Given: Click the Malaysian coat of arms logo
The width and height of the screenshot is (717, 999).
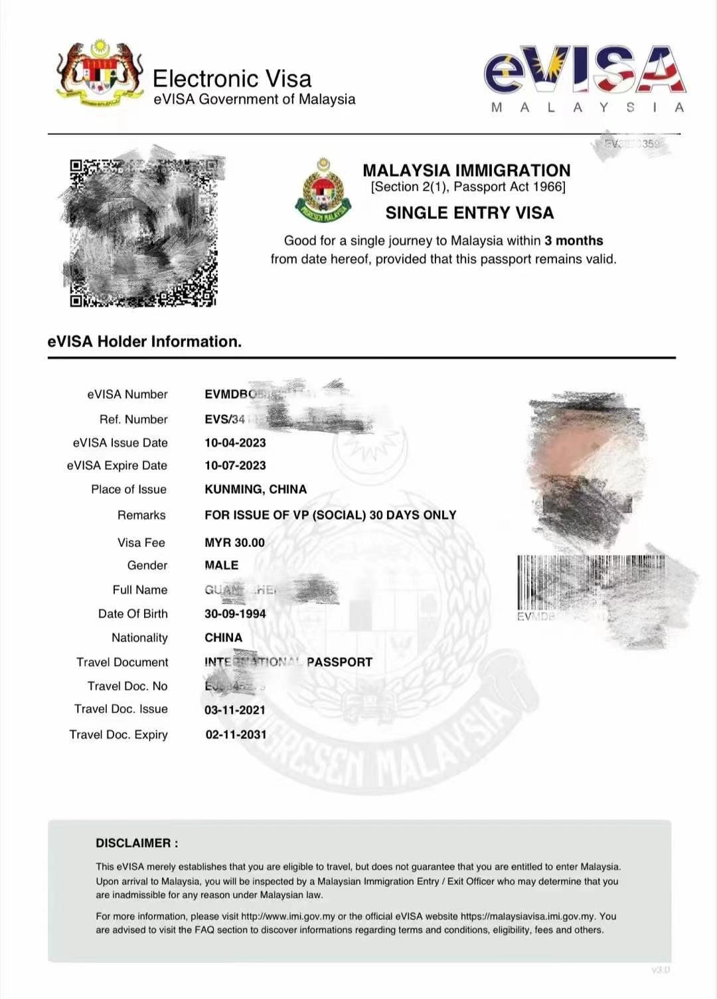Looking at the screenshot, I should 100,73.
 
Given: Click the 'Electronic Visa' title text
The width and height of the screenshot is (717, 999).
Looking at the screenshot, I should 232,79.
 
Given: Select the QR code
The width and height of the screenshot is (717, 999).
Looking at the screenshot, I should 143,232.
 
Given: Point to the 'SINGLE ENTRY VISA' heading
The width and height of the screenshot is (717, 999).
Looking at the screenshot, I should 469,213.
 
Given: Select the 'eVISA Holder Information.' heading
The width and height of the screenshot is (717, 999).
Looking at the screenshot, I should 145,342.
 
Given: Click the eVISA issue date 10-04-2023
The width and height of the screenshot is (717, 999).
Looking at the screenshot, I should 235,443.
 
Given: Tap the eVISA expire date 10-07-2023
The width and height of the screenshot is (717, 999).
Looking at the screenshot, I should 235,466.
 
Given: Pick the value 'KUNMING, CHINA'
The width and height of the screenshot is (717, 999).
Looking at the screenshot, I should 256,489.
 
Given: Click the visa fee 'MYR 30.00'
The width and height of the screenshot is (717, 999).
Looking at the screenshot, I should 234,543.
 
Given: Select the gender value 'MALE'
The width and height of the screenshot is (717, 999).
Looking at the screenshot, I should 221,566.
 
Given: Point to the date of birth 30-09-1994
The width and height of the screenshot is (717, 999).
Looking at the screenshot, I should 235,614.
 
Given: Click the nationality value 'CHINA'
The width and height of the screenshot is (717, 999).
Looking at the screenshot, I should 223,638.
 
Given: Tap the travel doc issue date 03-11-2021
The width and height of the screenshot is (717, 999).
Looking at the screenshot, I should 235,710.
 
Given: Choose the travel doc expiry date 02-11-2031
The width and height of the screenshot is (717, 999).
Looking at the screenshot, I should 236,735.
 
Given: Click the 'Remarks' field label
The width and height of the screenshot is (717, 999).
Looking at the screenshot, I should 141,515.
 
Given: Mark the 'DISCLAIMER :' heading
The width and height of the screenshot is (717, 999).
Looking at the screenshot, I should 137,844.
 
